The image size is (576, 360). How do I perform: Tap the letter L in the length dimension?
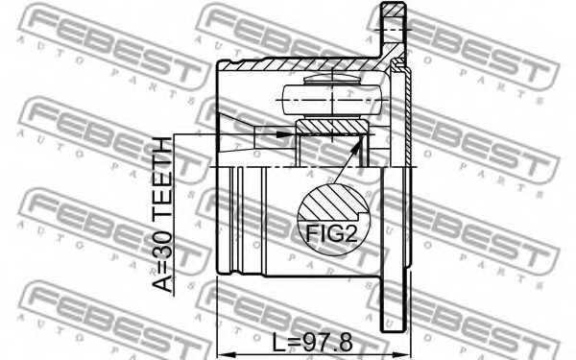click(276, 342)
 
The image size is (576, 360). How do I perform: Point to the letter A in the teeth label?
click(166, 284)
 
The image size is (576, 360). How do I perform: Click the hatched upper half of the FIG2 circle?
click(330, 204)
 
